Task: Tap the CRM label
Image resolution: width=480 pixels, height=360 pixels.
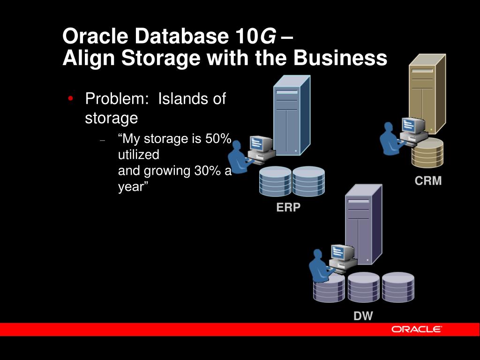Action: click(x=428, y=181)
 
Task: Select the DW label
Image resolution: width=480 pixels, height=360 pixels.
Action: click(x=363, y=316)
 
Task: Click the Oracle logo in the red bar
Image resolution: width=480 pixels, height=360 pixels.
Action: click(x=417, y=329)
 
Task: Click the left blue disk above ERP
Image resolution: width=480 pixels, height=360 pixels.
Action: click(x=275, y=181)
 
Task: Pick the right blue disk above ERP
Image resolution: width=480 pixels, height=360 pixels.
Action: click(x=308, y=181)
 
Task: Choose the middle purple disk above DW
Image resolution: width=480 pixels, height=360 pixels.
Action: click(x=364, y=287)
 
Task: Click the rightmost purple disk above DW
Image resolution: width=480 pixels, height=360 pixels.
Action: click(x=398, y=287)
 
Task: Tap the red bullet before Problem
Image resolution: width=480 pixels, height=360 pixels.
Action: click(x=70, y=98)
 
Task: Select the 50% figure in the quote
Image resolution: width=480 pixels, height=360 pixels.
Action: click(x=218, y=139)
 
